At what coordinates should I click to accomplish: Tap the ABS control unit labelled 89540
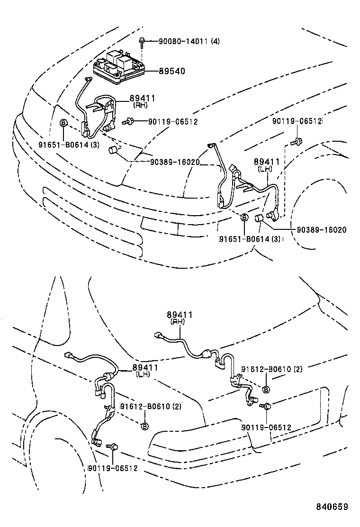(118, 68)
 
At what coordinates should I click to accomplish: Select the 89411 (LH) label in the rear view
(145, 370)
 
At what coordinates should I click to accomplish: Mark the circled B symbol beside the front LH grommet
(244, 218)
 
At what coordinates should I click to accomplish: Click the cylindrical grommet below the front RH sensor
(113, 151)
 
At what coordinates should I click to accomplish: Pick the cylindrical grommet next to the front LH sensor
(259, 218)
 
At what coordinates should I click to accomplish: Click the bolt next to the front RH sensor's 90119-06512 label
(127, 122)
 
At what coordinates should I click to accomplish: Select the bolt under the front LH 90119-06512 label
(296, 140)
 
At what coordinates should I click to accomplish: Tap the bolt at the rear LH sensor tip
(114, 446)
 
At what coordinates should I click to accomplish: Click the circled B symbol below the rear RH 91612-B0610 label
(266, 389)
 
